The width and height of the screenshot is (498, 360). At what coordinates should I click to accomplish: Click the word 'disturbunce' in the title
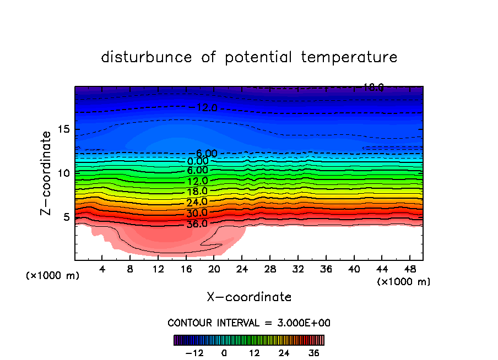(x=147, y=57)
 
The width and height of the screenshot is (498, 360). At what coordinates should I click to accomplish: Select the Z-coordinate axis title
(x=47, y=172)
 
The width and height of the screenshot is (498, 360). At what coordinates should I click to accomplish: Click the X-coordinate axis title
(x=249, y=297)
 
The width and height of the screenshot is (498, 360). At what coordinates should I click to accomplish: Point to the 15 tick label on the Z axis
(x=63, y=129)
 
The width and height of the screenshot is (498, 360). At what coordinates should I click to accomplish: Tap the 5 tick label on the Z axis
(x=66, y=217)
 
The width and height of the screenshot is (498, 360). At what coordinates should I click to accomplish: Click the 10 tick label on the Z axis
(x=63, y=173)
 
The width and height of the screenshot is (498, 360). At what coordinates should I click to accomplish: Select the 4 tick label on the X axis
(x=102, y=269)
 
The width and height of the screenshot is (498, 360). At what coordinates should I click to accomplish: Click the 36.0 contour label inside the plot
(x=197, y=224)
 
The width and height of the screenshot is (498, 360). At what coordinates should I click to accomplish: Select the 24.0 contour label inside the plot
(x=197, y=202)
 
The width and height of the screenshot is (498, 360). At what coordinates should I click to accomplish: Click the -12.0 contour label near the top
(x=204, y=108)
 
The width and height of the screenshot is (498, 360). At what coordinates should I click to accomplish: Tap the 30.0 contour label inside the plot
(x=197, y=213)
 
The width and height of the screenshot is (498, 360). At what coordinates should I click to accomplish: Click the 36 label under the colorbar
(x=314, y=353)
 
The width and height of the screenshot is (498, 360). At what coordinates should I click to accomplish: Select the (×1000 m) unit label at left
(x=53, y=276)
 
